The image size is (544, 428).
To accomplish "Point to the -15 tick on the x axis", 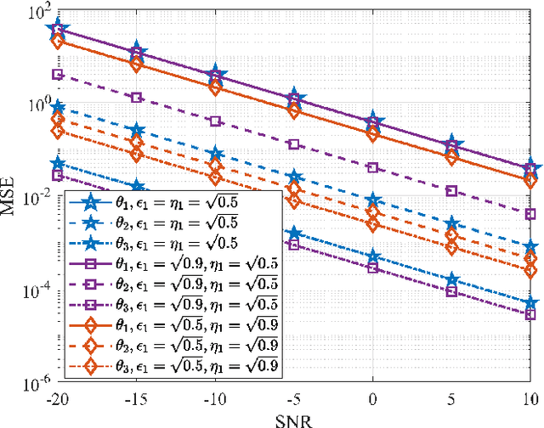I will click(136, 399).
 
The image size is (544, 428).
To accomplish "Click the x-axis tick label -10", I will click(215, 399).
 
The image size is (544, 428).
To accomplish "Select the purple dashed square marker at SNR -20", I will click(58, 75).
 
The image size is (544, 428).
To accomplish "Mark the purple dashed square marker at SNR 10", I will click(530, 214).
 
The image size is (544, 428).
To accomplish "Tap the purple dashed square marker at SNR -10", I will click(215, 121).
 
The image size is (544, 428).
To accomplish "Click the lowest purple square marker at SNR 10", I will click(530, 313).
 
